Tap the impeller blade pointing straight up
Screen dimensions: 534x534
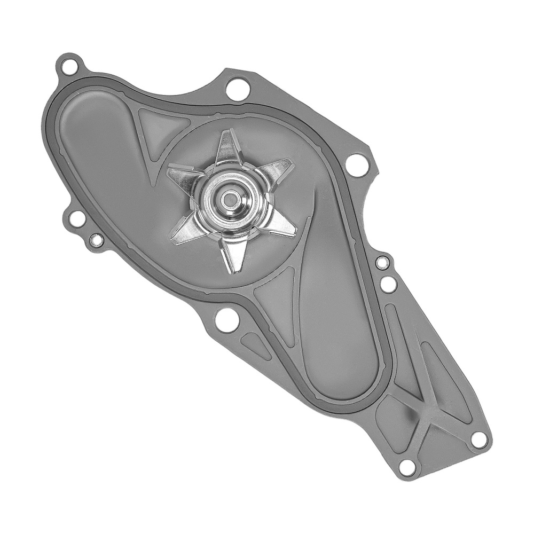pos(229,147)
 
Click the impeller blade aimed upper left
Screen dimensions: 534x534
pos(184,176)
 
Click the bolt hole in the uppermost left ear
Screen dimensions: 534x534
pos(68,68)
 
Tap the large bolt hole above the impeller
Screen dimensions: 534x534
pos(237,89)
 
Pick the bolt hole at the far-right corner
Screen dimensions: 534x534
pos(479,439)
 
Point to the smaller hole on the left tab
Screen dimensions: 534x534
pos(97,240)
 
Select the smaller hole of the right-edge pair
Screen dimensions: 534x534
pos(382,262)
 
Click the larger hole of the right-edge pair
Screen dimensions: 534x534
pos(389,284)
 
